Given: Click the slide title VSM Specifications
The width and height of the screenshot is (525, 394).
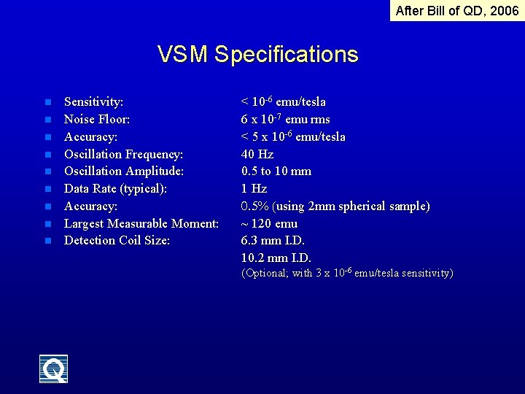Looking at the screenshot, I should coord(257,55).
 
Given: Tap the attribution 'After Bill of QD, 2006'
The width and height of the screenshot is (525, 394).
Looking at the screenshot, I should coord(456,10).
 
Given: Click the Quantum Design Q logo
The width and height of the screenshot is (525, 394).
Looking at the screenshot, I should coord(54,369).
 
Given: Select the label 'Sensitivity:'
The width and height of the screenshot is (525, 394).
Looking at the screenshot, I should coord(93,102).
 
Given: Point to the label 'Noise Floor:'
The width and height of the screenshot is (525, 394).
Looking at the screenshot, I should coord(97,119).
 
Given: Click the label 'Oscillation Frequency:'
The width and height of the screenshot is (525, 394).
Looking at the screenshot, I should coord(123,154).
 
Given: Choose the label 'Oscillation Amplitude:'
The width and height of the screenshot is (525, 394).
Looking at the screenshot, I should coord(123,171).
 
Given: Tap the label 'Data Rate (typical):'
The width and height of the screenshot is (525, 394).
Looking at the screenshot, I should coord(115,189).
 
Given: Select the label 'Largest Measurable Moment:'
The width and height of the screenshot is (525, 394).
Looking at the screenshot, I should coord(141,223).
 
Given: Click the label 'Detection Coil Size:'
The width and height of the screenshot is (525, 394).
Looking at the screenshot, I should coord(117,241).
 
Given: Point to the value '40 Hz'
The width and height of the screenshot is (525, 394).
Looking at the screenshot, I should coord(257,154).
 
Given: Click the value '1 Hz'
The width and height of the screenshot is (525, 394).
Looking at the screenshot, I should coord(254,189).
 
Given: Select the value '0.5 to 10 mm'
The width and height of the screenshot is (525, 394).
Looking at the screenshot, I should coord(276,171).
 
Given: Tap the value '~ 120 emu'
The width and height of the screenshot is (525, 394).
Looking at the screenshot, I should coord(269,223).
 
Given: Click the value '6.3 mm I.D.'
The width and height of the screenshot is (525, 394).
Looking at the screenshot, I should coord(273,241).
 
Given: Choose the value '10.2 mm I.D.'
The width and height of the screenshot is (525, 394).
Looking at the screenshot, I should coord(276,258).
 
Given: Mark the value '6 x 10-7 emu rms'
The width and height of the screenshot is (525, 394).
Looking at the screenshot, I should coord(285,119).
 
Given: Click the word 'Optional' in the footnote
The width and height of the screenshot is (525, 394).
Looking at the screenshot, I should coord(265,274).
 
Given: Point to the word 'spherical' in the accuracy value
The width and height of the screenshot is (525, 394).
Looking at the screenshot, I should coord(366,206).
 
